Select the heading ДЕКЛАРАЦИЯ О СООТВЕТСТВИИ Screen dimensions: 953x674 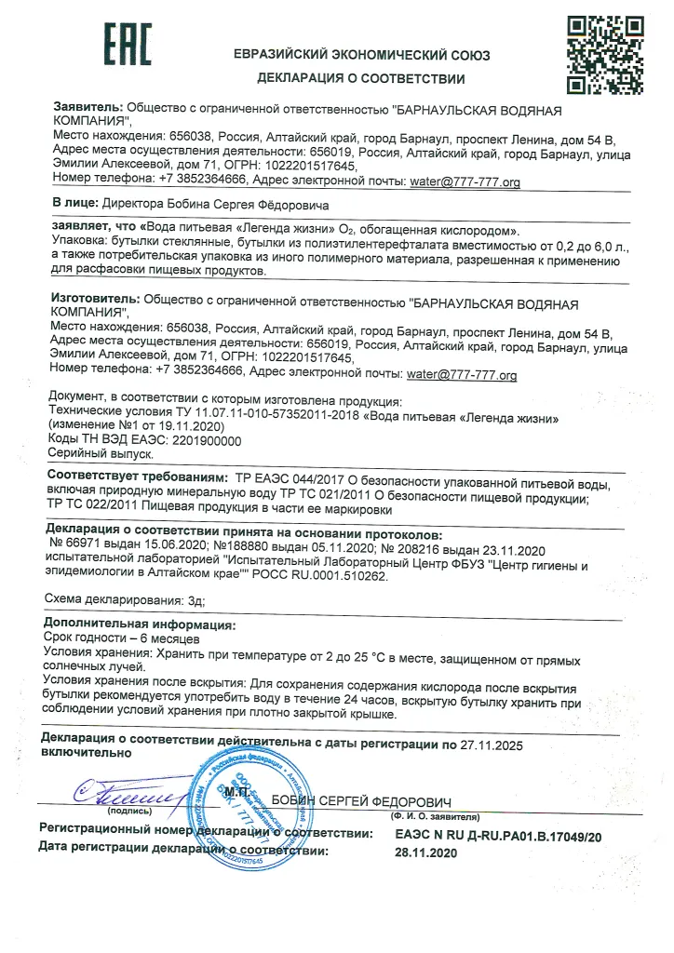tap(361, 78)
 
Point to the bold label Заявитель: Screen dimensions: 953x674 tap(88, 109)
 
